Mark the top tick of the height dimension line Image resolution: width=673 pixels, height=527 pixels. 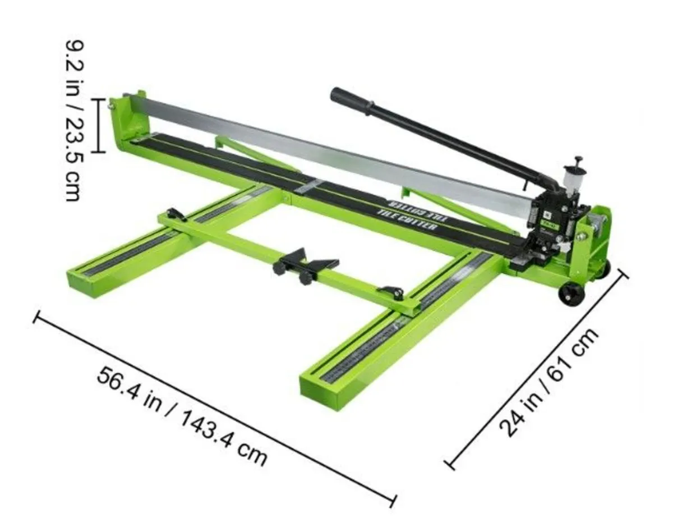point(99,99)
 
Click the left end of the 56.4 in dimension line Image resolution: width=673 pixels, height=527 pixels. point(37,318)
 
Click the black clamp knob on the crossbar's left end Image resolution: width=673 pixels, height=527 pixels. point(176,214)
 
